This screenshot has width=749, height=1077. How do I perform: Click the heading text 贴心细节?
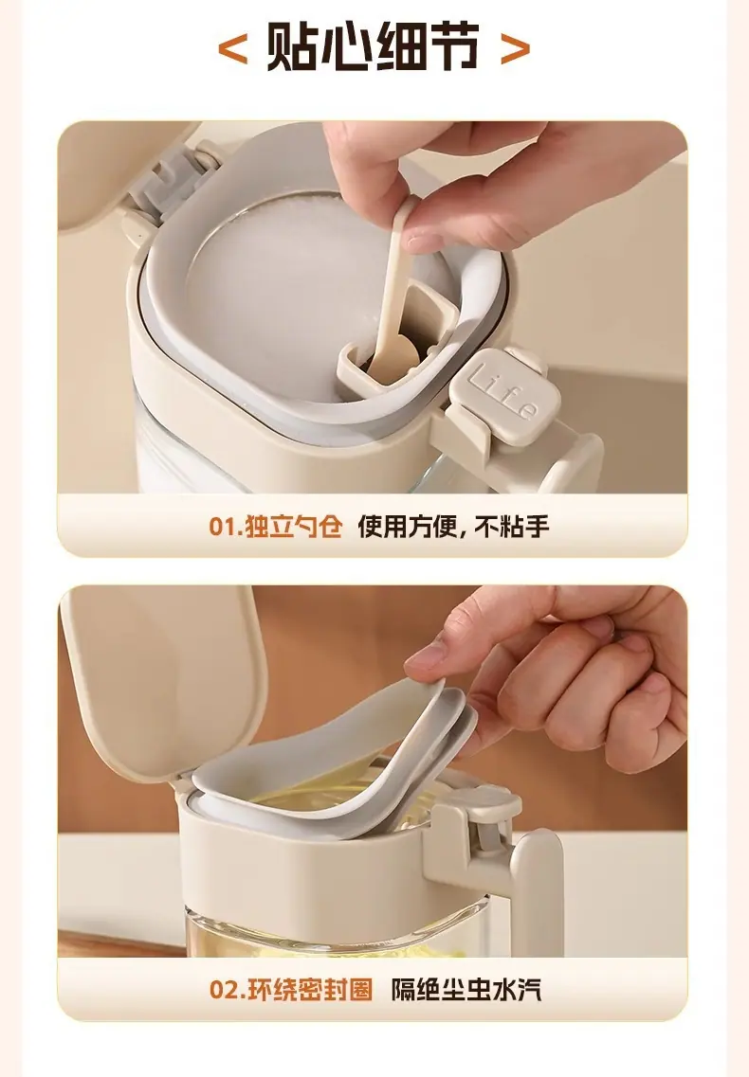pos(373,46)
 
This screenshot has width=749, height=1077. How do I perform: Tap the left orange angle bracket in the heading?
pos(232,49)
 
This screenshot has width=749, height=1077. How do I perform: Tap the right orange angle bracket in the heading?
pos(515,49)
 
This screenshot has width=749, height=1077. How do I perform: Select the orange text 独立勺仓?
pos(294,528)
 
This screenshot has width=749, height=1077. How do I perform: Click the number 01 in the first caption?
pos(222,528)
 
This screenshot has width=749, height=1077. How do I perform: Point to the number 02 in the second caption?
pos(224,991)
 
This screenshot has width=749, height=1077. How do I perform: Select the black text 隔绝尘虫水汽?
pos(466,990)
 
